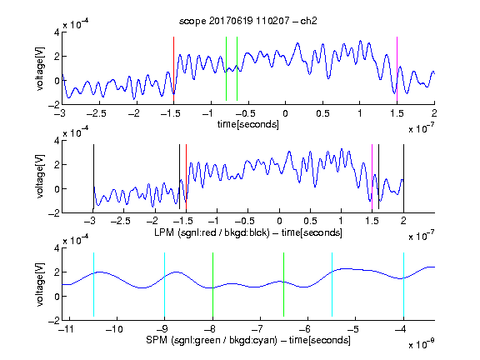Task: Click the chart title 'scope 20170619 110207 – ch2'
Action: click(x=248, y=21)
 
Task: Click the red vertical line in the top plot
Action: click(x=173, y=69)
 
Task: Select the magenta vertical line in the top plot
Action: click(x=397, y=69)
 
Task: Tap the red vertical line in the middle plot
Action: click(x=186, y=177)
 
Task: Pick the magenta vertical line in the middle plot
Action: click(x=372, y=177)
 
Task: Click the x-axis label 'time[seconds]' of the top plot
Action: click(x=248, y=124)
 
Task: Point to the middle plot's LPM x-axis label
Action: click(x=248, y=232)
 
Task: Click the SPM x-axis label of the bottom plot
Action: click(x=248, y=340)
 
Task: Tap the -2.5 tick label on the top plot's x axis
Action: click(x=96, y=113)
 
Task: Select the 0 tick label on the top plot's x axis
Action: click(x=285, y=113)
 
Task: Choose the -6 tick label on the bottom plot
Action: click(x=305, y=329)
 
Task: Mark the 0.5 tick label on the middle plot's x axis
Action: click(x=310, y=221)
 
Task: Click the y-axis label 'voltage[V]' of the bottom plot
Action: click(x=40, y=284)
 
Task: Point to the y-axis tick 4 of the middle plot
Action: click(x=57, y=141)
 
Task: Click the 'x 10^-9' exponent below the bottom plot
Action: click(x=422, y=344)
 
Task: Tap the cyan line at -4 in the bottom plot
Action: click(x=404, y=284)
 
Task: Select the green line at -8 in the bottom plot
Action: click(x=212, y=284)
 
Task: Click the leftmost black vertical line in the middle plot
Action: click(x=93, y=177)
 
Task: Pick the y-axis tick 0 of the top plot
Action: click(x=57, y=81)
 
